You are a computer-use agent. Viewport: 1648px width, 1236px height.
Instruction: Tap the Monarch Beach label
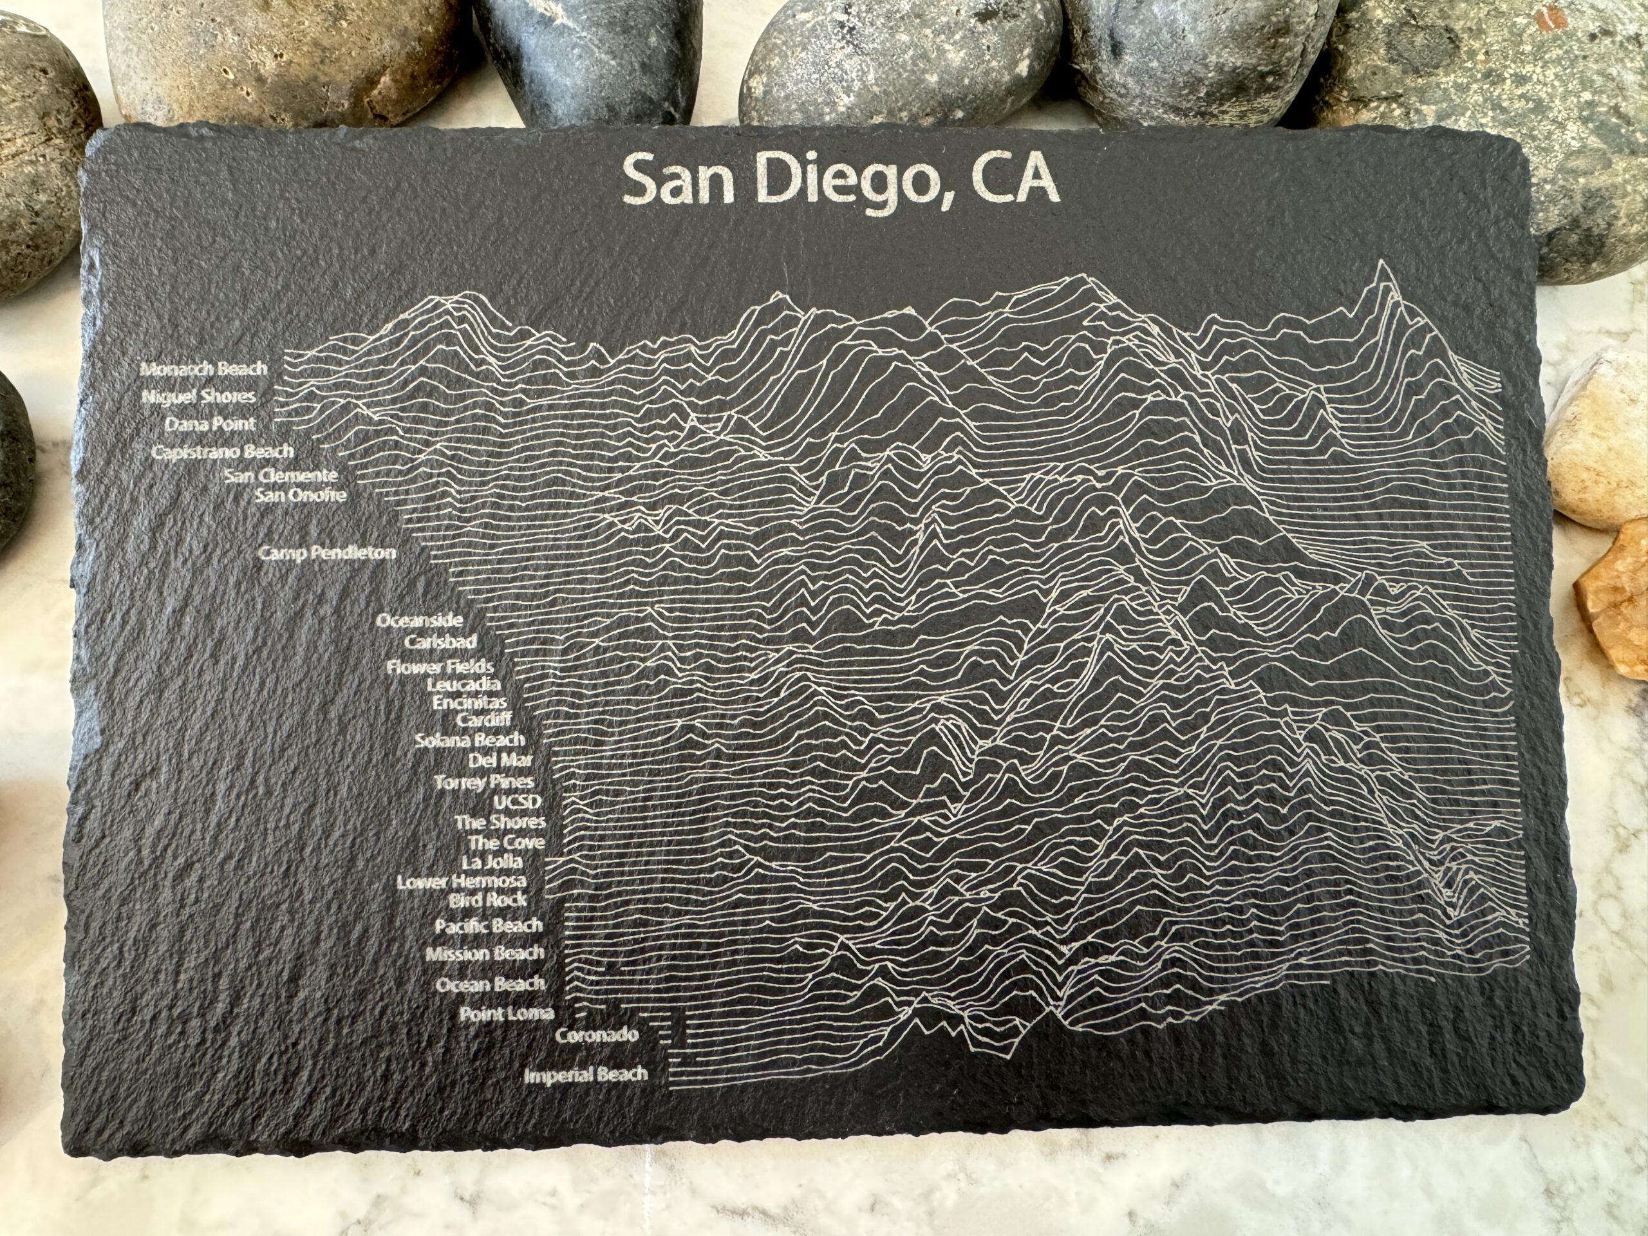pyautogui.click(x=203, y=369)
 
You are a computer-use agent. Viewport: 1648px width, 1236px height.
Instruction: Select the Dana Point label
pyautogui.click(x=210, y=425)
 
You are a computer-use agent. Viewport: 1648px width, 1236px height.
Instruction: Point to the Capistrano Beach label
pyautogui.click(x=223, y=452)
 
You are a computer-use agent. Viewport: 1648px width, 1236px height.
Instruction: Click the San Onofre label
pyautogui.click(x=300, y=494)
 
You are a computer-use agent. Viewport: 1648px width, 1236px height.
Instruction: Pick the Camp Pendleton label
pyautogui.click(x=327, y=554)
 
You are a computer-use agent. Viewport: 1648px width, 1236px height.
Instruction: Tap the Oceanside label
pyautogui.click(x=420, y=621)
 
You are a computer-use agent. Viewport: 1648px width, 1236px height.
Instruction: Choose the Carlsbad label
pyautogui.click(x=441, y=641)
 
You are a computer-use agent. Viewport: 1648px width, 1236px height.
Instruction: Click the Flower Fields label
pyautogui.click(x=440, y=667)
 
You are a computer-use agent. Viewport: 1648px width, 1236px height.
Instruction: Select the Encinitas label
pyautogui.click(x=469, y=702)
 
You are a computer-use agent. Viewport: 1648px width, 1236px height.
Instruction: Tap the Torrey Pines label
pyautogui.click(x=483, y=782)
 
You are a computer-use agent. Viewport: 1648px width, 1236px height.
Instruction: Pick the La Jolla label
pyautogui.click(x=492, y=863)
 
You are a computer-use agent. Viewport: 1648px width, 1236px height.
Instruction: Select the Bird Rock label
pyautogui.click(x=487, y=900)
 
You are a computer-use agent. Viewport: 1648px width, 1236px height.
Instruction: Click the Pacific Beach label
pyautogui.click(x=488, y=926)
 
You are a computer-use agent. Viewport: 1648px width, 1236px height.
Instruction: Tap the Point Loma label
pyautogui.click(x=506, y=1014)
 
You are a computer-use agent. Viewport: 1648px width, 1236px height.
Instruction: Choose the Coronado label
pyautogui.click(x=596, y=1036)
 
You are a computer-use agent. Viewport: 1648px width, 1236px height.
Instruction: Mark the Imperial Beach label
pyautogui.click(x=586, y=1075)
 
